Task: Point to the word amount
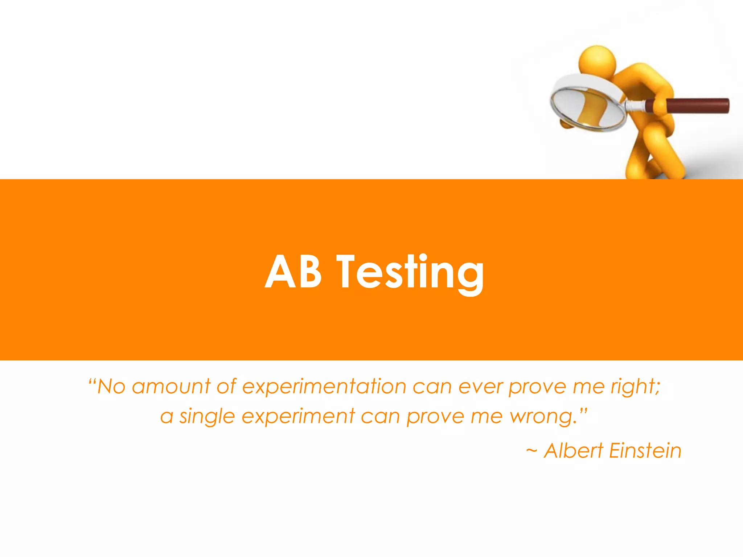point(171,387)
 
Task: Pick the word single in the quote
point(207,417)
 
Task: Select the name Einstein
point(645,451)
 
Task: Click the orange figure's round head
point(597,60)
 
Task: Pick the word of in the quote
point(226,387)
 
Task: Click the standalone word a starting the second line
point(167,417)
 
